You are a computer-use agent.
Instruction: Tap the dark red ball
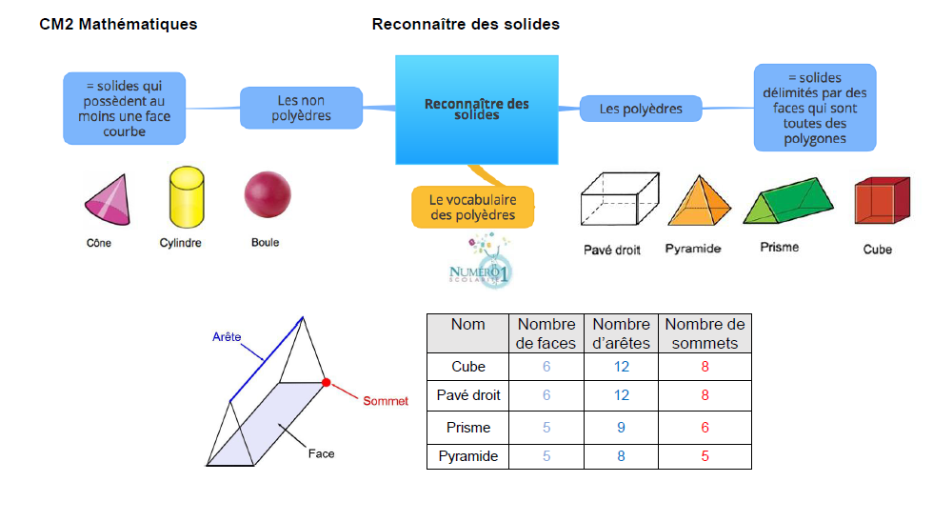[x=265, y=194]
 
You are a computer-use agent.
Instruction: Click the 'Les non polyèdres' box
[x=301, y=108]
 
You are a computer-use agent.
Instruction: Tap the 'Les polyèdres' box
[x=641, y=109]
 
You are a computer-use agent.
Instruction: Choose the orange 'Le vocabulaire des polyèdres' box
[x=472, y=208]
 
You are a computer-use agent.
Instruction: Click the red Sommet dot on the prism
[x=326, y=382]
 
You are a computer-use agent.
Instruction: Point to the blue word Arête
[x=226, y=336]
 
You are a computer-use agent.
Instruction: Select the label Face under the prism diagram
[x=321, y=453]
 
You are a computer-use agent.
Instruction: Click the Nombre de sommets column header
[x=705, y=333]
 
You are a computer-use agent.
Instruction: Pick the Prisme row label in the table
[x=467, y=428]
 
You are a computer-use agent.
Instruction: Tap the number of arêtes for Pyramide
[x=621, y=456]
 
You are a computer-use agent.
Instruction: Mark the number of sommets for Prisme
[x=705, y=428]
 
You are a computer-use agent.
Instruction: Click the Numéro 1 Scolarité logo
[x=481, y=263]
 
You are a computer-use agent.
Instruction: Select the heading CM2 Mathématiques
[x=118, y=24]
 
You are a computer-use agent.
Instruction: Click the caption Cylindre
[x=180, y=243]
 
